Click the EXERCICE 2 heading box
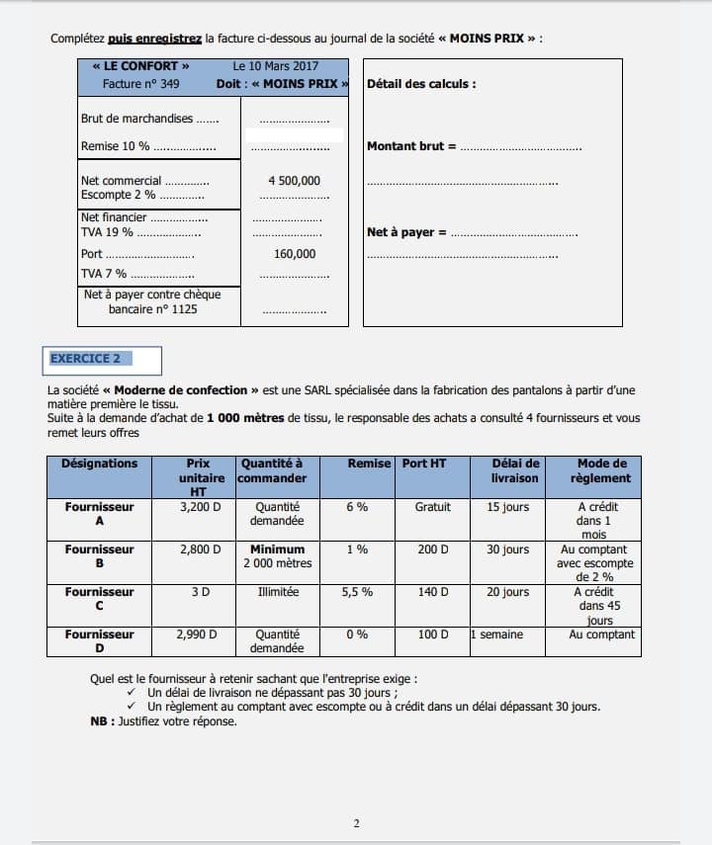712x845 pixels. pyautogui.click(x=104, y=360)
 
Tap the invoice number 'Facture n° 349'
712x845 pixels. pyautogui.click(x=140, y=84)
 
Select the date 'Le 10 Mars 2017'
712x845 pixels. pyautogui.click(x=276, y=66)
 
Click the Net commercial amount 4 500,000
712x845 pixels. pyautogui.click(x=294, y=181)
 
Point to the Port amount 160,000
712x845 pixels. pyautogui.click(x=295, y=254)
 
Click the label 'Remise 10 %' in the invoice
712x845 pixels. pyautogui.click(x=116, y=146)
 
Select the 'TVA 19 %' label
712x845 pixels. pyautogui.click(x=108, y=232)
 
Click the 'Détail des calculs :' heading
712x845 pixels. pyautogui.click(x=421, y=84)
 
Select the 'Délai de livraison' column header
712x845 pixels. pyautogui.click(x=515, y=470)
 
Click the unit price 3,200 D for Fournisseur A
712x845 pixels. pyautogui.click(x=200, y=507)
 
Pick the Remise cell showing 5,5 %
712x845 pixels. pyautogui.click(x=357, y=592)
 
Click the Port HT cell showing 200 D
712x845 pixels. pyautogui.click(x=432, y=549)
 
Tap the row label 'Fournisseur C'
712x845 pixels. pyautogui.click(x=99, y=599)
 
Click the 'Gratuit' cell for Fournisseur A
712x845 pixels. pyautogui.click(x=432, y=507)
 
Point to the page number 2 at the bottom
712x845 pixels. pyautogui.click(x=356, y=823)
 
